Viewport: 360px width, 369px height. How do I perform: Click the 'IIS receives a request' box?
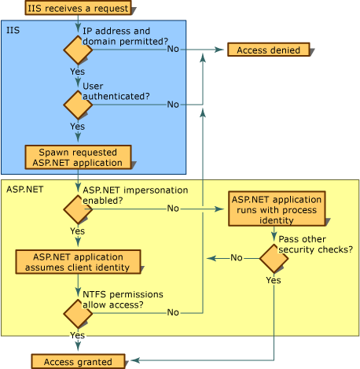pyautogui.click(x=77, y=8)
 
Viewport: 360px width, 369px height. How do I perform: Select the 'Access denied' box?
pyautogui.click(x=268, y=50)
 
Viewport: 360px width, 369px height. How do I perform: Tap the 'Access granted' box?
pyautogui.click(x=77, y=361)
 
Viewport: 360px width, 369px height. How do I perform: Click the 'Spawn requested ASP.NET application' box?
pyautogui.click(x=77, y=157)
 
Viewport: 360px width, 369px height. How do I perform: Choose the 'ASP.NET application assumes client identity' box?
pyautogui.click(x=77, y=262)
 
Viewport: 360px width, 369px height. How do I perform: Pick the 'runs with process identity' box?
pyautogui.click(x=276, y=209)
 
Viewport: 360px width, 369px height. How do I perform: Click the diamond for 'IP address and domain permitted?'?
pyautogui.click(x=78, y=50)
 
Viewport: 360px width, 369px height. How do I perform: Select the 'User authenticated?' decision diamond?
pyautogui.click(x=78, y=104)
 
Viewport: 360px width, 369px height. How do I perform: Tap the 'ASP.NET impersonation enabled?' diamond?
pyautogui.click(x=78, y=209)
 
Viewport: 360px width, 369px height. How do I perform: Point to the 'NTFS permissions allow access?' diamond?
pyautogui.click(x=78, y=313)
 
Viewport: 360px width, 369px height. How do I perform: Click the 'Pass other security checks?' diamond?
pyautogui.click(x=274, y=258)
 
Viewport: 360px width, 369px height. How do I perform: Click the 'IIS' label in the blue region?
pyautogui.click(x=13, y=30)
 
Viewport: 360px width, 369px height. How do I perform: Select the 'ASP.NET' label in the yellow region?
pyautogui.click(x=24, y=189)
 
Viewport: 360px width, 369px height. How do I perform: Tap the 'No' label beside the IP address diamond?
pyautogui.click(x=173, y=50)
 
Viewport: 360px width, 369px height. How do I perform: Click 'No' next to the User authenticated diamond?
pyautogui.click(x=173, y=104)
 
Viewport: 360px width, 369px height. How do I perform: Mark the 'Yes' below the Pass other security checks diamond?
pyautogui.click(x=274, y=280)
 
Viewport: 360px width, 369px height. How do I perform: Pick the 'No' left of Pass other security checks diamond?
pyautogui.click(x=236, y=258)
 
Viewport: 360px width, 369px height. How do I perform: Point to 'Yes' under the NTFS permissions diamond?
pyautogui.click(x=77, y=335)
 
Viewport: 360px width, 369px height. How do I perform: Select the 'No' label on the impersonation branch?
pyautogui.click(x=173, y=209)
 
